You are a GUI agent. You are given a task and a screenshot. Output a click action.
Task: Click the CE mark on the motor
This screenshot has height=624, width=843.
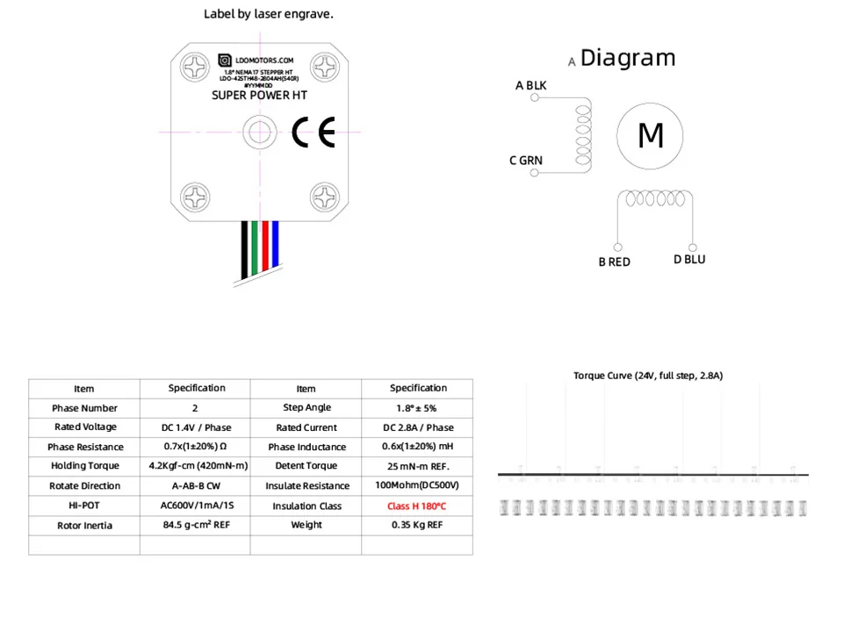coord(313,133)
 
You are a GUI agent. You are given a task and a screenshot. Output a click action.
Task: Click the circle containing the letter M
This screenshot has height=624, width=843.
coord(650,136)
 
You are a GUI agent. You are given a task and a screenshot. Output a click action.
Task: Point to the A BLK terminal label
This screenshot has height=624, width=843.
coord(530,85)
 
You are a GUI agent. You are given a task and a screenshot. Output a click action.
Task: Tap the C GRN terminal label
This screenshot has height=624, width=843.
coord(526,161)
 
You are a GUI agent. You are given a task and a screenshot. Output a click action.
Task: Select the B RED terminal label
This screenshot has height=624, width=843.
coord(614,262)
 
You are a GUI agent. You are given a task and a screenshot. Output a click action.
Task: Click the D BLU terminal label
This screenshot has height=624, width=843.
coord(689,259)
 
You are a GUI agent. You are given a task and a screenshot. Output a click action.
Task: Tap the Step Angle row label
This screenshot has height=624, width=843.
coord(306,408)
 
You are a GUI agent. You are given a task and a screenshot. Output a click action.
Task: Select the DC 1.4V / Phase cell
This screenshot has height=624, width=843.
coord(196,427)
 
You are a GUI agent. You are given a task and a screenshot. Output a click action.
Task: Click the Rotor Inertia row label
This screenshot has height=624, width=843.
coord(84,526)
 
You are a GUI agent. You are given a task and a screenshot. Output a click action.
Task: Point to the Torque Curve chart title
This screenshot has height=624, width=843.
coord(647,376)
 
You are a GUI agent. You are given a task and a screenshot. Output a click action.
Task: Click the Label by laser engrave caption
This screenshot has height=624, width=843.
coord(269,13)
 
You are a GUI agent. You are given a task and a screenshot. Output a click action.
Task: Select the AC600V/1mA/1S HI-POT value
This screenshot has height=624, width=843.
coord(196,506)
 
